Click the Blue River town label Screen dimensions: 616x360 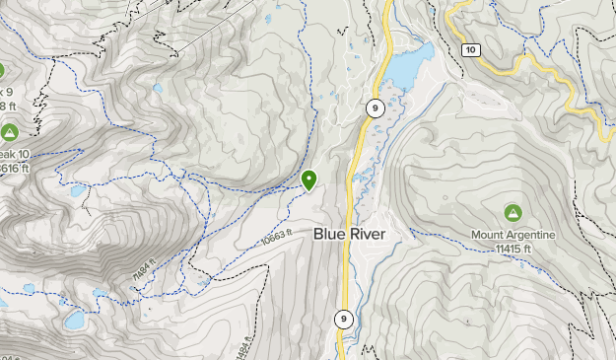coord(350,235)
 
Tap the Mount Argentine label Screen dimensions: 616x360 coord(513,235)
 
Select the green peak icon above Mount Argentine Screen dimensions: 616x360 coord(513,213)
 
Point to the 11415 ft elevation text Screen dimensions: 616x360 coord(513,248)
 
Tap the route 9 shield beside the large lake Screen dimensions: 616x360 coord(374,108)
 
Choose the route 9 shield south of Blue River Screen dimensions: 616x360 coord(343,319)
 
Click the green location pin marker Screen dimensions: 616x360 coord(309,180)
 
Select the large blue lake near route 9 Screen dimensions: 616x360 coord(411,66)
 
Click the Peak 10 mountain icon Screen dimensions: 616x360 coord(9,132)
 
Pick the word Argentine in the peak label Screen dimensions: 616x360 coord(529,235)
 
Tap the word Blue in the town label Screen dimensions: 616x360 coord(330,235)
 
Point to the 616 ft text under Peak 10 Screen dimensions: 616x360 coord(11,169)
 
